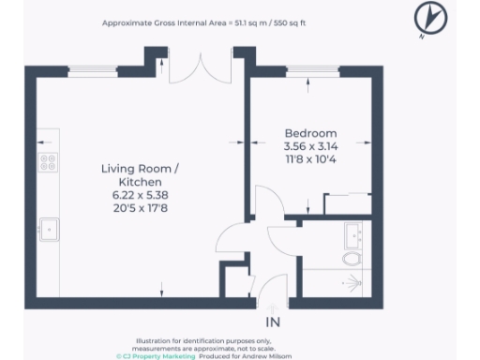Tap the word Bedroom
tap(309, 133)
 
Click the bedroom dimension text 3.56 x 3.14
tap(309, 146)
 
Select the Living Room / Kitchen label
tap(139, 174)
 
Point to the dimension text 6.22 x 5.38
tap(139, 195)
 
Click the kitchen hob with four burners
tap(47, 162)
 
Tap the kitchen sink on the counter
tap(48, 228)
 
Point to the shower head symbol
tap(353, 281)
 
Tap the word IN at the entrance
tap(274, 323)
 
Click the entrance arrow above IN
tap(274, 307)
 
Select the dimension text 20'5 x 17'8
tap(139, 208)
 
